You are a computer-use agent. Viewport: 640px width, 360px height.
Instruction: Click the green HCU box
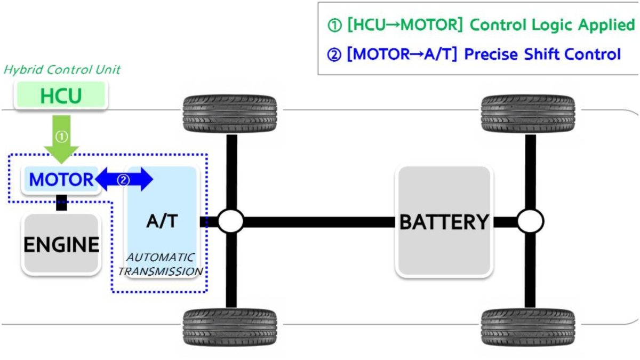pyautogui.click(x=61, y=95)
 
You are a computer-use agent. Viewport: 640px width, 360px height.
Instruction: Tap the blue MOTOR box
pyautogui.click(x=61, y=179)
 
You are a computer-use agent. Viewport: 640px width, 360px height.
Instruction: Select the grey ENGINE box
pyautogui.click(x=61, y=244)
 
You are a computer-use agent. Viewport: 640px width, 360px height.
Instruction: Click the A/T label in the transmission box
pyautogui.click(x=162, y=221)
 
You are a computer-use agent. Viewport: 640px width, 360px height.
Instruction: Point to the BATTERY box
pyautogui.click(x=444, y=221)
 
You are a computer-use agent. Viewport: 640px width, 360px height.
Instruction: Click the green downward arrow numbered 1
pyautogui.click(x=61, y=139)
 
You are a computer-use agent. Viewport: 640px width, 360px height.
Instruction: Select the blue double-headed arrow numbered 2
pyautogui.click(x=124, y=179)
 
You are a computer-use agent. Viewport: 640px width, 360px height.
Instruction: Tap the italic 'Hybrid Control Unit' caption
pyautogui.click(x=62, y=69)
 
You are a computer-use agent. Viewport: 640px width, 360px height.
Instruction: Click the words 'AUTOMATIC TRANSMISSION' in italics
pyautogui.click(x=161, y=265)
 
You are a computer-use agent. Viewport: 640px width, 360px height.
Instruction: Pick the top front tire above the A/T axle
pyautogui.click(x=230, y=114)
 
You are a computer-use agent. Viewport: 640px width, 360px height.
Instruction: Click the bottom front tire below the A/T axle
pyautogui.click(x=230, y=327)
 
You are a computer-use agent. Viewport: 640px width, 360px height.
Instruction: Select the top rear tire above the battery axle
pyautogui.click(x=528, y=114)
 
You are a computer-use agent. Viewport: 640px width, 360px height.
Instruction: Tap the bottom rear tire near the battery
pyautogui.click(x=528, y=327)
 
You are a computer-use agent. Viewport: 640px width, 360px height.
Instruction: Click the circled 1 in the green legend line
pyautogui.click(x=334, y=25)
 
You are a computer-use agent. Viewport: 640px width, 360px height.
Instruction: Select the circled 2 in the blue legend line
pyautogui.click(x=334, y=54)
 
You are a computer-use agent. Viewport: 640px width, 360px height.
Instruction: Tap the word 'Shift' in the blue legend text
pyautogui.click(x=542, y=54)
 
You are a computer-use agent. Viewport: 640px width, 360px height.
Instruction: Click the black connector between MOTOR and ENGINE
pyautogui.click(x=61, y=203)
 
